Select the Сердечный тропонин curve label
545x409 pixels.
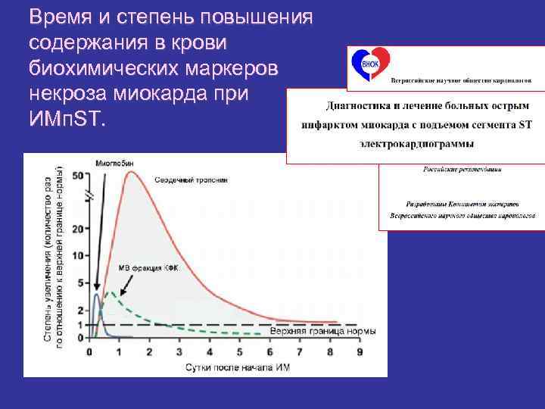click(191, 180)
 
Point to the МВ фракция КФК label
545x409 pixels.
click(148, 267)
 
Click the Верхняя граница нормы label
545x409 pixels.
click(313, 332)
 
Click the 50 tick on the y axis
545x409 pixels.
click(76, 176)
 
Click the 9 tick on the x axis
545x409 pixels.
click(359, 351)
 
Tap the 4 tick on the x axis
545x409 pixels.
click(209, 351)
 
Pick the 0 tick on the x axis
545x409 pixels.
click(89, 351)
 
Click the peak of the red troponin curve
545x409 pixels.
click(132, 172)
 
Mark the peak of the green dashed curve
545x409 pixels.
click(111, 292)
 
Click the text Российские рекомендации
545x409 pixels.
click(461, 170)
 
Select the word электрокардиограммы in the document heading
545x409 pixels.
click(417, 142)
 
